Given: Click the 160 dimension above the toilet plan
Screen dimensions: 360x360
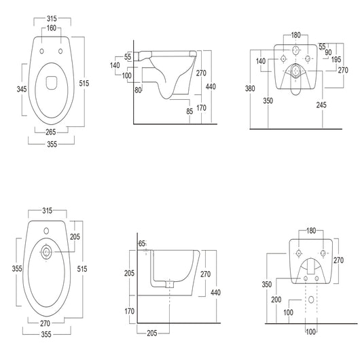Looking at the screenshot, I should coord(52,29).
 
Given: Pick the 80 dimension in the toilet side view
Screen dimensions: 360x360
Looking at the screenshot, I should coord(139,88).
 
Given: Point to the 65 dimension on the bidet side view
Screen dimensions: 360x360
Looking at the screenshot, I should coord(142,242).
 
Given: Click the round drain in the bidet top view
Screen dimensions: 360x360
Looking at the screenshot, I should coord(46,253).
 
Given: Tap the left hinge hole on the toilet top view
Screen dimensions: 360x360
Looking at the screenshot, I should coord(41,51).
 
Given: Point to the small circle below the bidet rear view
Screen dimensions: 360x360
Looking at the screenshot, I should coord(312,299).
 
